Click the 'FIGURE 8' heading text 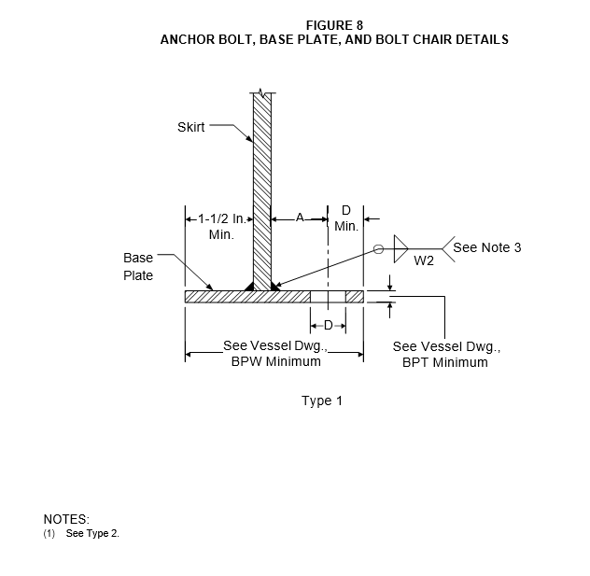[334, 25]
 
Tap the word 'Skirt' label [190, 127]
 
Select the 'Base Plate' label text [138, 266]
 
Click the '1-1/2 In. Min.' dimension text [221, 227]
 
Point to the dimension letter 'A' [300, 218]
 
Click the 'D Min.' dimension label [346, 218]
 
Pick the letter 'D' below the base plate [328, 326]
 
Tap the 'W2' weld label [424, 260]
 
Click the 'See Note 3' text [487, 247]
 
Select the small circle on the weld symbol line [378, 249]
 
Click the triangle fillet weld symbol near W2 [401, 248]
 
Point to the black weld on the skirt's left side [249, 286]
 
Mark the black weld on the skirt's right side [275, 287]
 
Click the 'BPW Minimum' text [275, 361]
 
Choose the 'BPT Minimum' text [445, 362]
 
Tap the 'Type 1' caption [322, 400]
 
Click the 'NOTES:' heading [66, 519]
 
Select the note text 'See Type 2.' [92, 533]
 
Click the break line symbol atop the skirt [262, 92]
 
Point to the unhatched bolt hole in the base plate [328, 297]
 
